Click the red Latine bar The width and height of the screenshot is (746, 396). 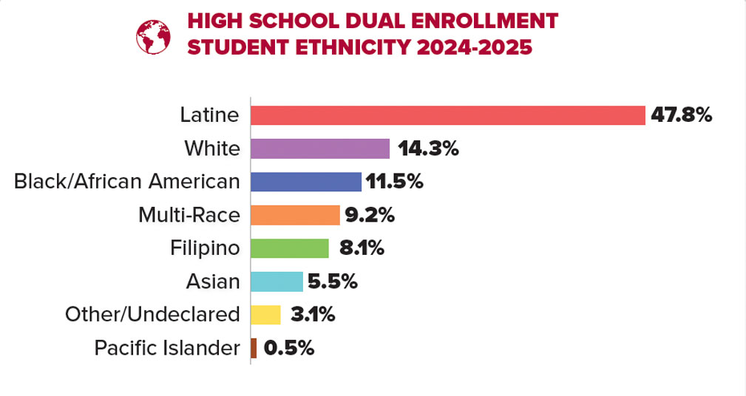(447, 115)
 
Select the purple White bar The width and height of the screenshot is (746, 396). (319, 148)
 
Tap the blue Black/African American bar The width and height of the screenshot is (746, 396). (305, 182)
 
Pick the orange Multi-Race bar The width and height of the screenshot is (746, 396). (294, 215)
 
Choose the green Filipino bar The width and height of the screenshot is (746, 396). (289, 248)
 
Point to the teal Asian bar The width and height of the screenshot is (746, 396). (277, 281)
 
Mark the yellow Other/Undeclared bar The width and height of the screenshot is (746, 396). (265, 315)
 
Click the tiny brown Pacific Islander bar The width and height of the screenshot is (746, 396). (254, 348)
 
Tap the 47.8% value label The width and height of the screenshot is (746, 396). (681, 115)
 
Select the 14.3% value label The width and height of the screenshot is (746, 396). (428, 148)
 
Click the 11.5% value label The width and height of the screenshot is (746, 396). (393, 182)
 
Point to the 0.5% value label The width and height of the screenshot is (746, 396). (289, 348)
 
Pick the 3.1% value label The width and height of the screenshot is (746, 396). (313, 315)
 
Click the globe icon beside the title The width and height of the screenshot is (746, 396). (154, 35)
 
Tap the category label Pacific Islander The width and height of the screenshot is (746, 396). (167, 348)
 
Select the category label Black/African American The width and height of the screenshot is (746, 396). (127, 182)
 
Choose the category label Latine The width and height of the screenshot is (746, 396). (210, 115)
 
